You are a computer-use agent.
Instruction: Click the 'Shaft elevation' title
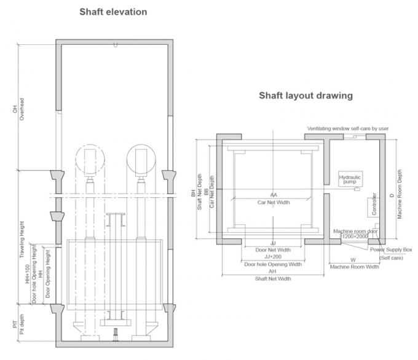pyautogui.click(x=112, y=12)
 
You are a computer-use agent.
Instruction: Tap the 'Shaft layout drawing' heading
pyautogui.click(x=306, y=95)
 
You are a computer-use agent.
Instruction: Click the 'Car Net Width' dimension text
pyautogui.click(x=273, y=202)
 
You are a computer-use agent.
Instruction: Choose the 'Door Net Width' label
pyautogui.click(x=273, y=250)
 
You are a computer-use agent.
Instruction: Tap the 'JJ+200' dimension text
pyautogui.click(x=273, y=257)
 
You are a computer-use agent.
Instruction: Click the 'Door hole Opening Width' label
pyautogui.click(x=273, y=265)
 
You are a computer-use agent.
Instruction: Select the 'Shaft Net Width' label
pyautogui.click(x=273, y=279)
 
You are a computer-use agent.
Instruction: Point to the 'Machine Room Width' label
pyautogui.click(x=353, y=266)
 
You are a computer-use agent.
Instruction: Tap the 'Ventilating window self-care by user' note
pyautogui.click(x=348, y=128)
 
